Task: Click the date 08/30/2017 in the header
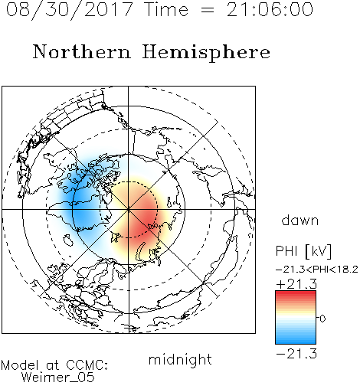point(69,9)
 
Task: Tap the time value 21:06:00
point(270,9)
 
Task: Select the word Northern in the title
point(81,51)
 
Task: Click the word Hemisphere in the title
point(206,53)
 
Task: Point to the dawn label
point(300,220)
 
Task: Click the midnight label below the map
point(180,360)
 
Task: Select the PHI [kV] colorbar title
point(303,251)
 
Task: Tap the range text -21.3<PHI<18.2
point(316,270)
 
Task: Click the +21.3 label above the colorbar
point(296,284)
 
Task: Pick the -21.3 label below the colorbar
point(296,354)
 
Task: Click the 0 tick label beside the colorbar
point(322,319)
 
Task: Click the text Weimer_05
point(58,377)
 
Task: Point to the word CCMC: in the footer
point(87,364)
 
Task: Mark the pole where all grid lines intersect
point(129,209)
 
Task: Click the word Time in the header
point(166,9)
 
